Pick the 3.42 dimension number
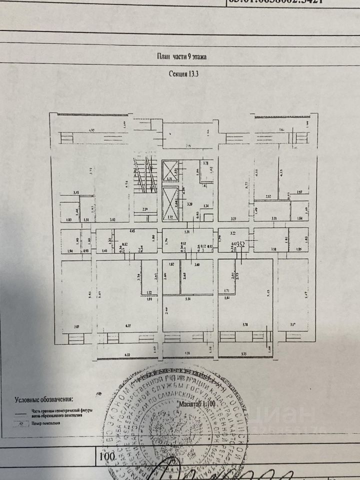pos(113,218)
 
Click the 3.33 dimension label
pos(233,218)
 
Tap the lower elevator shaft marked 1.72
pos(170,205)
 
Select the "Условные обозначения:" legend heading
pos(43,399)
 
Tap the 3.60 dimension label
pos(196,264)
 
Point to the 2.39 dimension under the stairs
pos(145,209)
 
